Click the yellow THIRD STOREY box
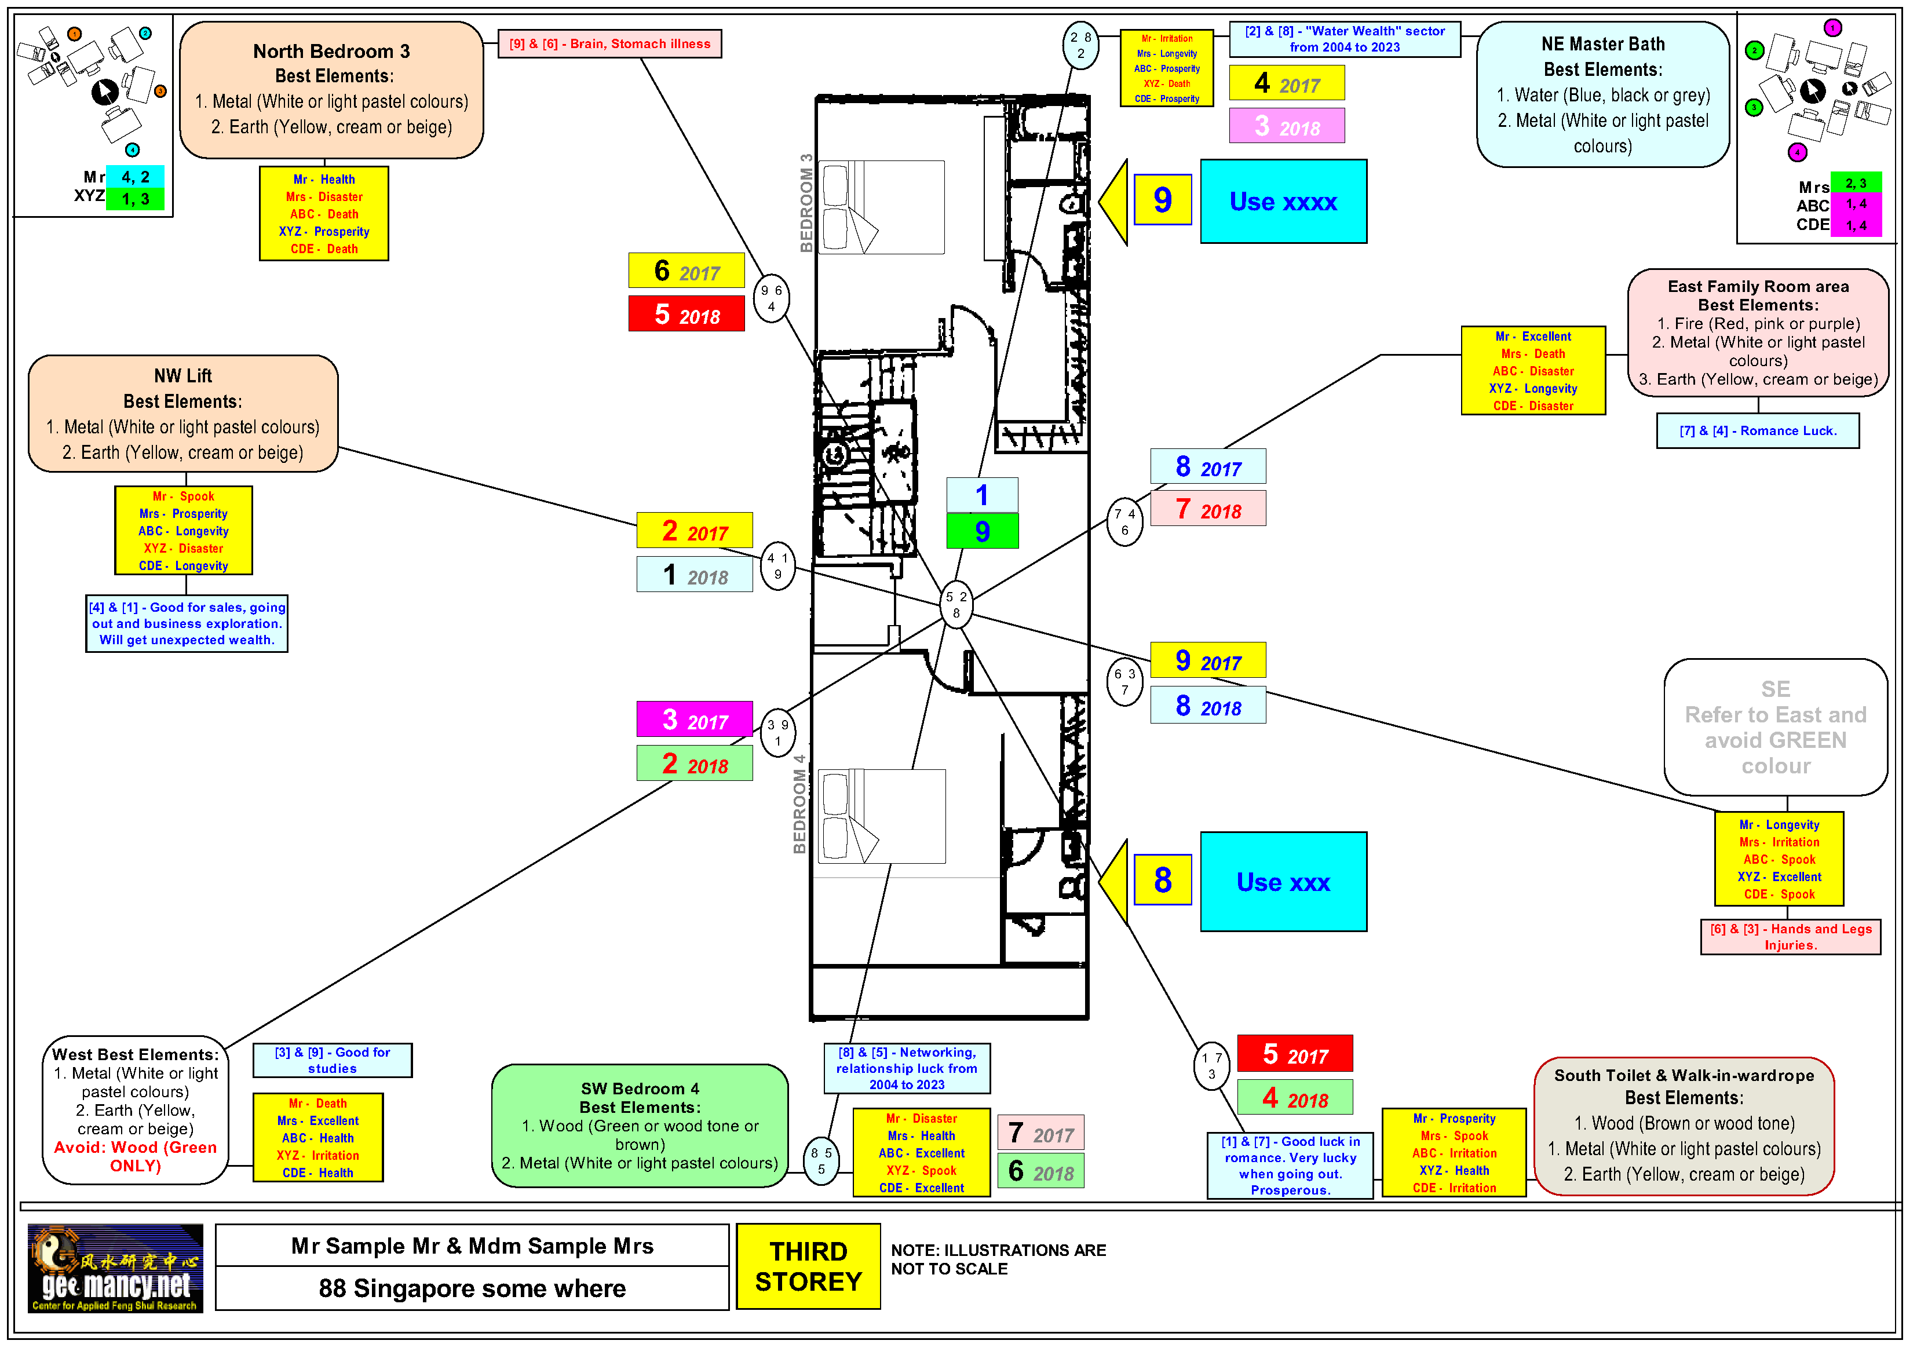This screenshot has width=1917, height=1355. click(x=808, y=1266)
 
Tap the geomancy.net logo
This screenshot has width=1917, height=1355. click(x=115, y=1268)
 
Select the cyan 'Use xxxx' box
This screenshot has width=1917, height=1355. click(x=1283, y=201)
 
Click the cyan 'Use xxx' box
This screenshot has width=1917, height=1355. click(x=1283, y=882)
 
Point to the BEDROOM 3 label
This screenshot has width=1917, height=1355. click(x=806, y=203)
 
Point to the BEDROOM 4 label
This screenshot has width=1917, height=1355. click(x=799, y=804)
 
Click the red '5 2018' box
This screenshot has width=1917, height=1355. click(x=687, y=315)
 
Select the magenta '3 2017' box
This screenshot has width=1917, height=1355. click(x=695, y=719)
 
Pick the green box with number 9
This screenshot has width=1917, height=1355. click(x=982, y=531)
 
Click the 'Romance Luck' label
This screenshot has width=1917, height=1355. click(x=1758, y=431)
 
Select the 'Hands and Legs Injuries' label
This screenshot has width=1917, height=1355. click(x=1790, y=937)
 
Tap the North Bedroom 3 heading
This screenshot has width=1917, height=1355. click(x=331, y=52)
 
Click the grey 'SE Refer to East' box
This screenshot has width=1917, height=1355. click(x=1775, y=727)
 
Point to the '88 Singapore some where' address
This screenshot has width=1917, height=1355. click(x=472, y=1288)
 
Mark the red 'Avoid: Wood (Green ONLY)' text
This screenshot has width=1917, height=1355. click(x=135, y=1156)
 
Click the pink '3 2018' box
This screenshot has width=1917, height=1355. click(x=1287, y=126)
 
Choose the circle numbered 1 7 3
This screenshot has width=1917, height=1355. click(x=1211, y=1065)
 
